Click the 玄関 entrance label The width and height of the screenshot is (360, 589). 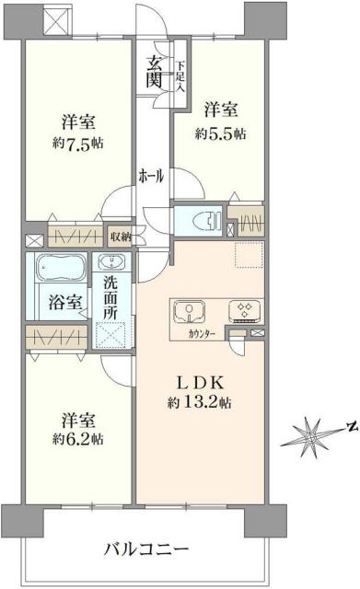153,72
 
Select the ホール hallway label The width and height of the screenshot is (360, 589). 151,175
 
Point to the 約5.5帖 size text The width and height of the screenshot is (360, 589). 221,133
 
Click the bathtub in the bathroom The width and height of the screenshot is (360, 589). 60,271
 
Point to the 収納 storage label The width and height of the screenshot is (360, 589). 119,237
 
